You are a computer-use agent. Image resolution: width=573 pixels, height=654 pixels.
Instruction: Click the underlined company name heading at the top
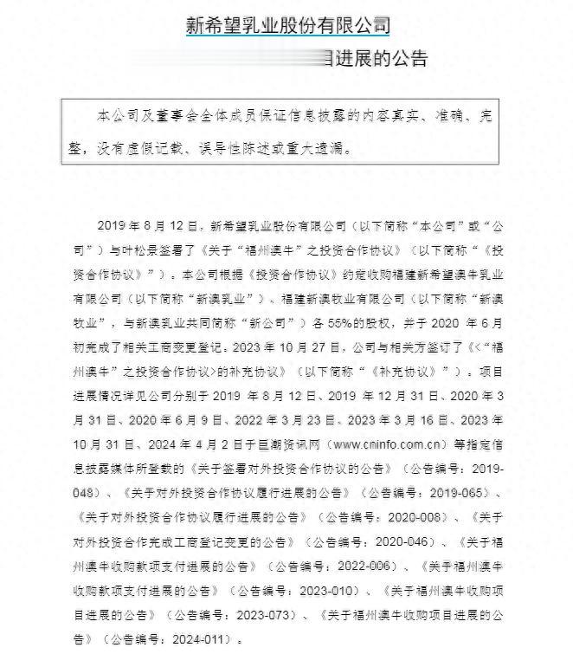click(x=287, y=25)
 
